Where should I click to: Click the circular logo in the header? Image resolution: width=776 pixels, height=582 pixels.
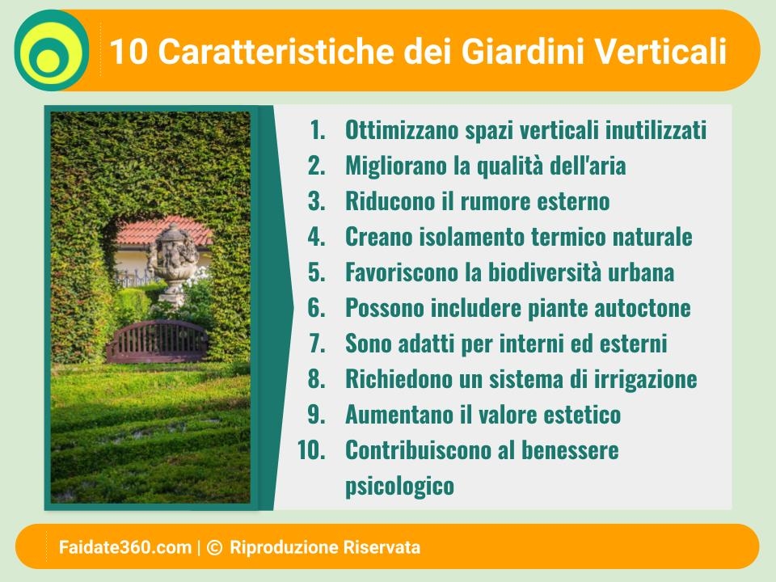click(52, 50)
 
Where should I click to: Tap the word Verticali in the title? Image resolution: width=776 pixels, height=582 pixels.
click(660, 51)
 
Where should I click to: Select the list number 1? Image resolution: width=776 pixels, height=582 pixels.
click(317, 130)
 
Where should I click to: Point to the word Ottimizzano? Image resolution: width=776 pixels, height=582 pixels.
click(403, 130)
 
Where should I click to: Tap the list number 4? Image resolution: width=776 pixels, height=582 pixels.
click(317, 237)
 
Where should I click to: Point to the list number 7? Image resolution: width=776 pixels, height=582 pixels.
click(317, 344)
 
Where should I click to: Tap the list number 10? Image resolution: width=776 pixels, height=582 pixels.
click(311, 450)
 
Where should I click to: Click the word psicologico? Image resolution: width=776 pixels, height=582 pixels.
click(399, 486)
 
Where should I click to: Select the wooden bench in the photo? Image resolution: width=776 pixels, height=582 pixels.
click(158, 341)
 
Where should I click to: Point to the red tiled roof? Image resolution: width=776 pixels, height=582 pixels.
click(163, 231)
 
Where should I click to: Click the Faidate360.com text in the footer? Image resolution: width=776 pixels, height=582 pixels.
click(124, 547)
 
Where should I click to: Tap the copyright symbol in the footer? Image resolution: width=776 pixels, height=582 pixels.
click(214, 547)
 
